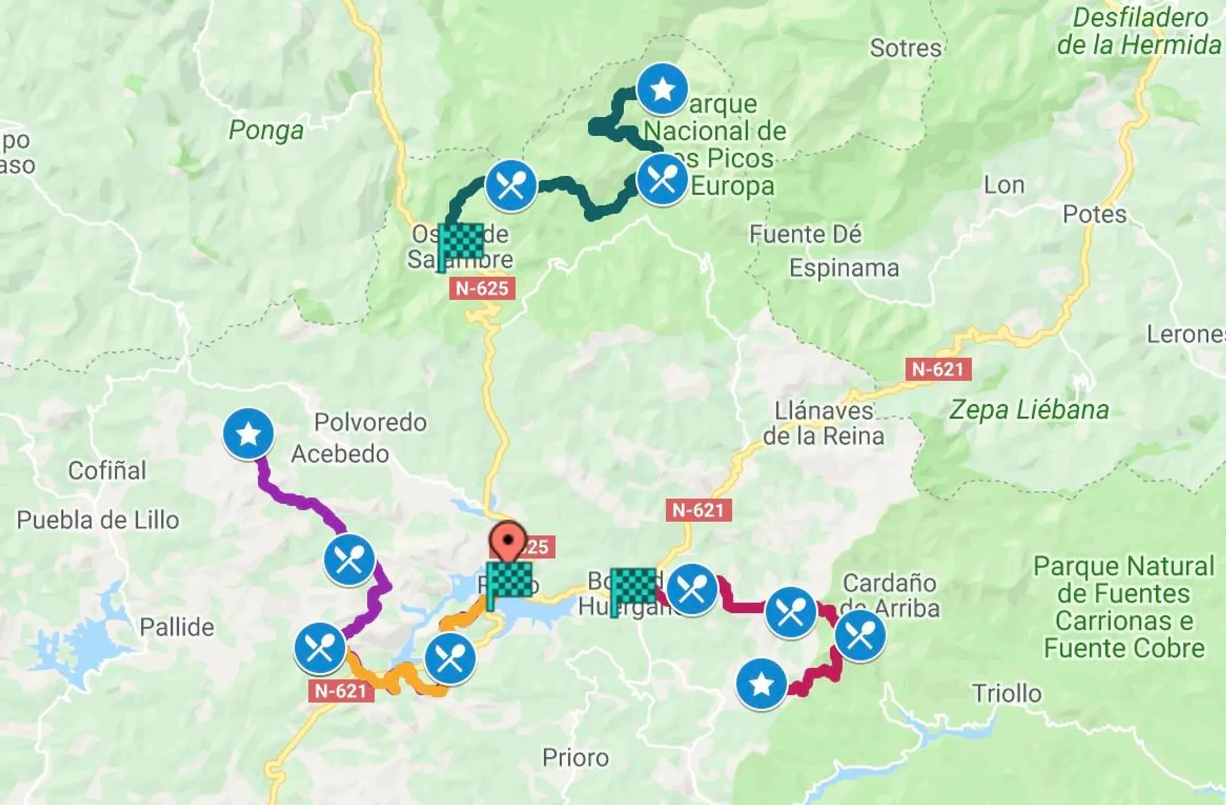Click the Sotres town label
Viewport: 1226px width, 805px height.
(905, 49)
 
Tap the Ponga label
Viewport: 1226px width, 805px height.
(266, 130)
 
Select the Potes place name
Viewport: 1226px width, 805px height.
(1094, 214)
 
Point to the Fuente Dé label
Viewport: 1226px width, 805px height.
(805, 234)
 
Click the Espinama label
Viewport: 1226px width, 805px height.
(844, 268)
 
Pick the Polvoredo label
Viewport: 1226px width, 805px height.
(370, 422)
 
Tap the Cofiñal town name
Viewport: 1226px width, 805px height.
(107, 470)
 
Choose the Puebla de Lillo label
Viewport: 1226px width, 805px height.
(98, 520)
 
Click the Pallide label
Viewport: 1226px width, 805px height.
(177, 627)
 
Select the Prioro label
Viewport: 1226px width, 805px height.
(575, 758)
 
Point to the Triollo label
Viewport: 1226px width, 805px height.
(1006, 693)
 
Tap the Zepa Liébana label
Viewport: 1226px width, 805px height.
(1029, 410)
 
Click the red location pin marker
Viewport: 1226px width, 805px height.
(508, 542)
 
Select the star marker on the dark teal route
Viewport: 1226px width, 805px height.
(662, 89)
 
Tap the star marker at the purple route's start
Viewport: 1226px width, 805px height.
(248, 434)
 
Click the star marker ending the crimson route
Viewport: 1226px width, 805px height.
(761, 684)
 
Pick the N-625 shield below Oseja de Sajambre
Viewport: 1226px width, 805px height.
(481, 289)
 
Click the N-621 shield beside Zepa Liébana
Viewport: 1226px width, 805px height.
(937, 369)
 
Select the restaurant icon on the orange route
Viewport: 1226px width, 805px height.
(450, 658)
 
